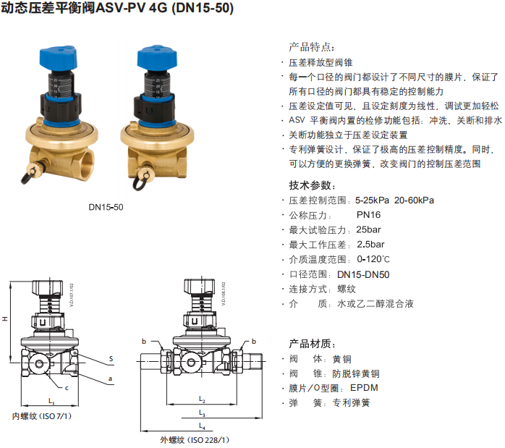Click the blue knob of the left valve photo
[59, 57]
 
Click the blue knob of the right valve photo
[157, 57]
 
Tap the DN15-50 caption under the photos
[106, 207]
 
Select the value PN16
[368, 215]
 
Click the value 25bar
[368, 229]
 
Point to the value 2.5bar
[370, 245]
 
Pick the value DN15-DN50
[363, 274]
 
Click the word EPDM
[364, 388]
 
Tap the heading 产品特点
[311, 47]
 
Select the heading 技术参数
[312, 185]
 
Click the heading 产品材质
[312, 344]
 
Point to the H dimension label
[4, 318]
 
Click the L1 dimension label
[51, 401]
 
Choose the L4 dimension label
[202, 426]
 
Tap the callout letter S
[111, 358]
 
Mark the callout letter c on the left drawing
[67, 388]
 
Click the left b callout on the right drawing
[144, 341]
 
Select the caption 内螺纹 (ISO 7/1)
[41, 416]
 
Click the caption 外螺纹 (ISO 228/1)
[194, 439]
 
